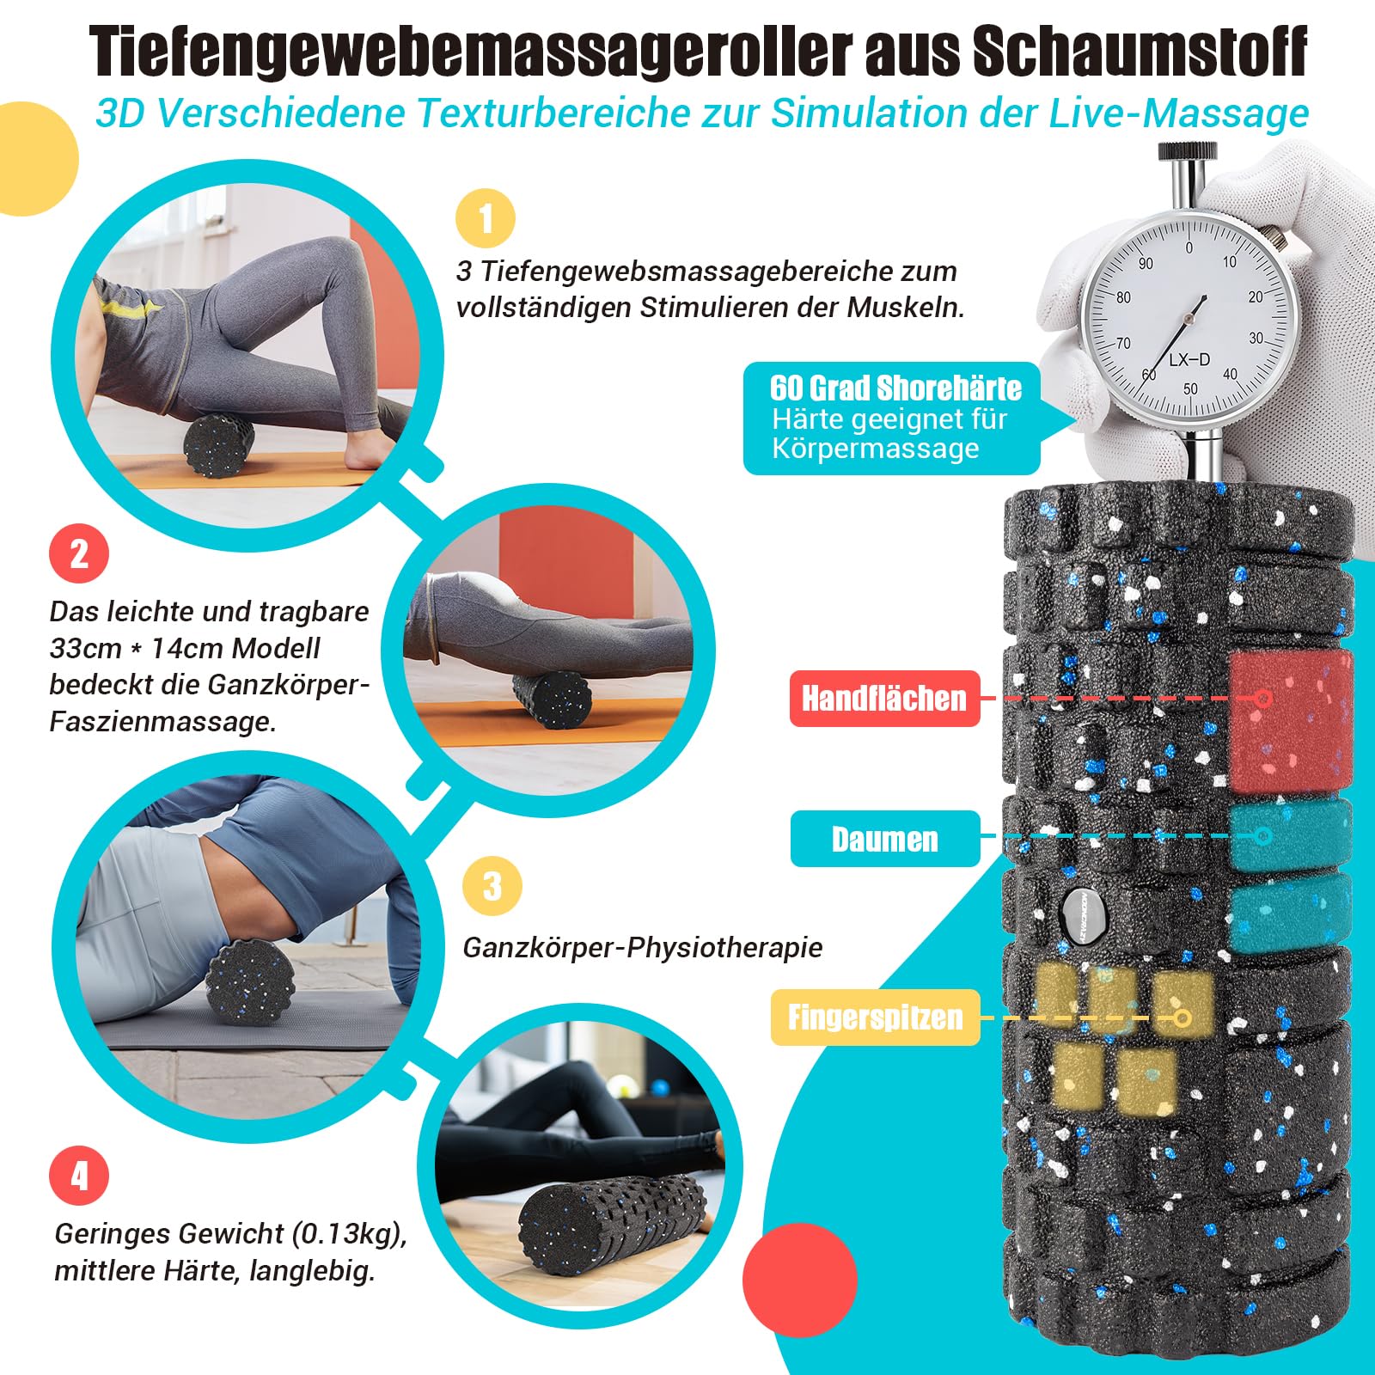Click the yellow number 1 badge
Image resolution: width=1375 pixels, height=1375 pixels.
pyautogui.click(x=486, y=218)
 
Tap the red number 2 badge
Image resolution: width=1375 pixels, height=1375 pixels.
pyautogui.click(x=79, y=553)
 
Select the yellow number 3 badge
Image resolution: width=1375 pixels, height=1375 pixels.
pyautogui.click(x=492, y=886)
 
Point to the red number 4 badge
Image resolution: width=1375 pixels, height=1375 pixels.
pyautogui.click(x=79, y=1176)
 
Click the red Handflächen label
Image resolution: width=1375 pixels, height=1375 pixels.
pyautogui.click(x=885, y=699)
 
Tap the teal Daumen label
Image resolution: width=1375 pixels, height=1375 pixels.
pyautogui.click(x=885, y=839)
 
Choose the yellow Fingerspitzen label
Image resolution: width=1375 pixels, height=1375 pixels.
pyautogui.click(x=876, y=1017)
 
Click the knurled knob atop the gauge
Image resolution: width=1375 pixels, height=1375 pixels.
pyautogui.click(x=1187, y=152)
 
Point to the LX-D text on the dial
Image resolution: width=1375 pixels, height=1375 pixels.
pyautogui.click(x=1189, y=359)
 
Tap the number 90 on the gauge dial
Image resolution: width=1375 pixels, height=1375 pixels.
pyautogui.click(x=1146, y=263)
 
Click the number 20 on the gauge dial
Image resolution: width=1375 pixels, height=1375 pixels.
pyautogui.click(x=1256, y=296)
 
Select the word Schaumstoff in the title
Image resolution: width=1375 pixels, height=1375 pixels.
pyautogui.click(x=1140, y=53)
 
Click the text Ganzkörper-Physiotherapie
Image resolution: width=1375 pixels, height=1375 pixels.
pyautogui.click(x=643, y=948)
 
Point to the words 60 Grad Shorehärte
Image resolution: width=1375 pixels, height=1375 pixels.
pyautogui.click(x=896, y=388)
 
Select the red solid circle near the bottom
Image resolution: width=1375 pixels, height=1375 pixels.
pyautogui.click(x=800, y=1280)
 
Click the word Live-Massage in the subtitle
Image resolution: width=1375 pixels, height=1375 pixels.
pyautogui.click(x=1177, y=113)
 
